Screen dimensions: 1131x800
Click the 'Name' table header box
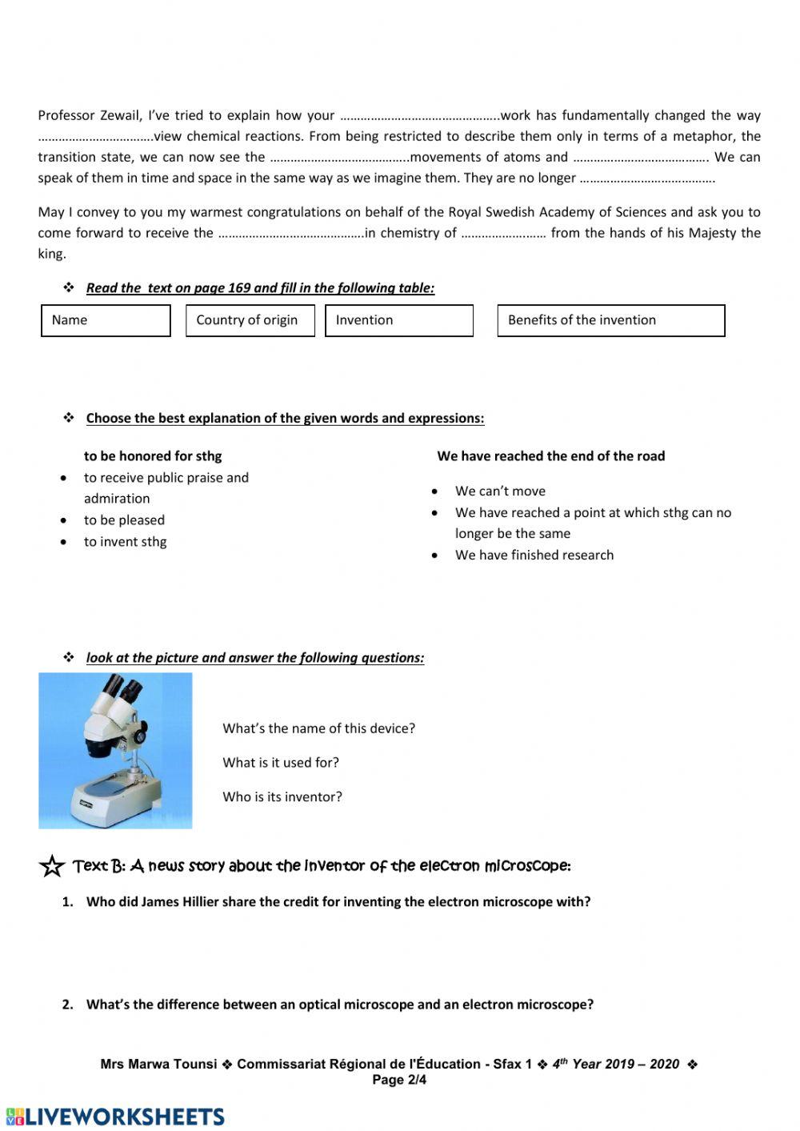[106, 320]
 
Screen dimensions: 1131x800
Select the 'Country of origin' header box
[250, 320]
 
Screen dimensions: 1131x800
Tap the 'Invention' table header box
[398, 320]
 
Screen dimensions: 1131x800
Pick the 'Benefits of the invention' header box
[610, 320]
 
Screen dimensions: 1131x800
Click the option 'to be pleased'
[124, 520]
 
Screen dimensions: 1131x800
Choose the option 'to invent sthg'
[125, 542]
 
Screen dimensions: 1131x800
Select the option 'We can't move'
[500, 491]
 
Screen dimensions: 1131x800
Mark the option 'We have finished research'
[534, 555]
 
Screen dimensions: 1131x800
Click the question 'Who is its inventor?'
[282, 797]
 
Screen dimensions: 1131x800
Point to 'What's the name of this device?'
[318, 728]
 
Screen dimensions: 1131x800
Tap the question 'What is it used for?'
[281, 763]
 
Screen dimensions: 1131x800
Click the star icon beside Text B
[52, 866]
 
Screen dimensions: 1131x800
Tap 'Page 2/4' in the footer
[399, 1080]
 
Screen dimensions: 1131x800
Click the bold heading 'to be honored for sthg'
[153, 456]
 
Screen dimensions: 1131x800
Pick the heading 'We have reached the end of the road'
[550, 456]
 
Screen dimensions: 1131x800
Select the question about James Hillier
[338, 902]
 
